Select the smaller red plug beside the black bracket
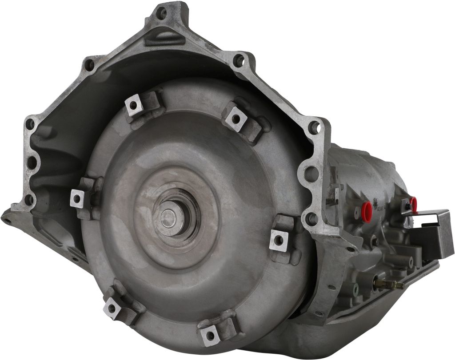[x=414, y=204]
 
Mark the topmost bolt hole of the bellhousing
[x=163, y=14]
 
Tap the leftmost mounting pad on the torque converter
[x=78, y=199]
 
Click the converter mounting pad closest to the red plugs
[x=279, y=240]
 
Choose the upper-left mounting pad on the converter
[x=133, y=106]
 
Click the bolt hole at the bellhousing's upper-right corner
[x=240, y=60]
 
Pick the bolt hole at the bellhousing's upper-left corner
[x=89, y=65]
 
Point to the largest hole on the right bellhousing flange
[x=312, y=173]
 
